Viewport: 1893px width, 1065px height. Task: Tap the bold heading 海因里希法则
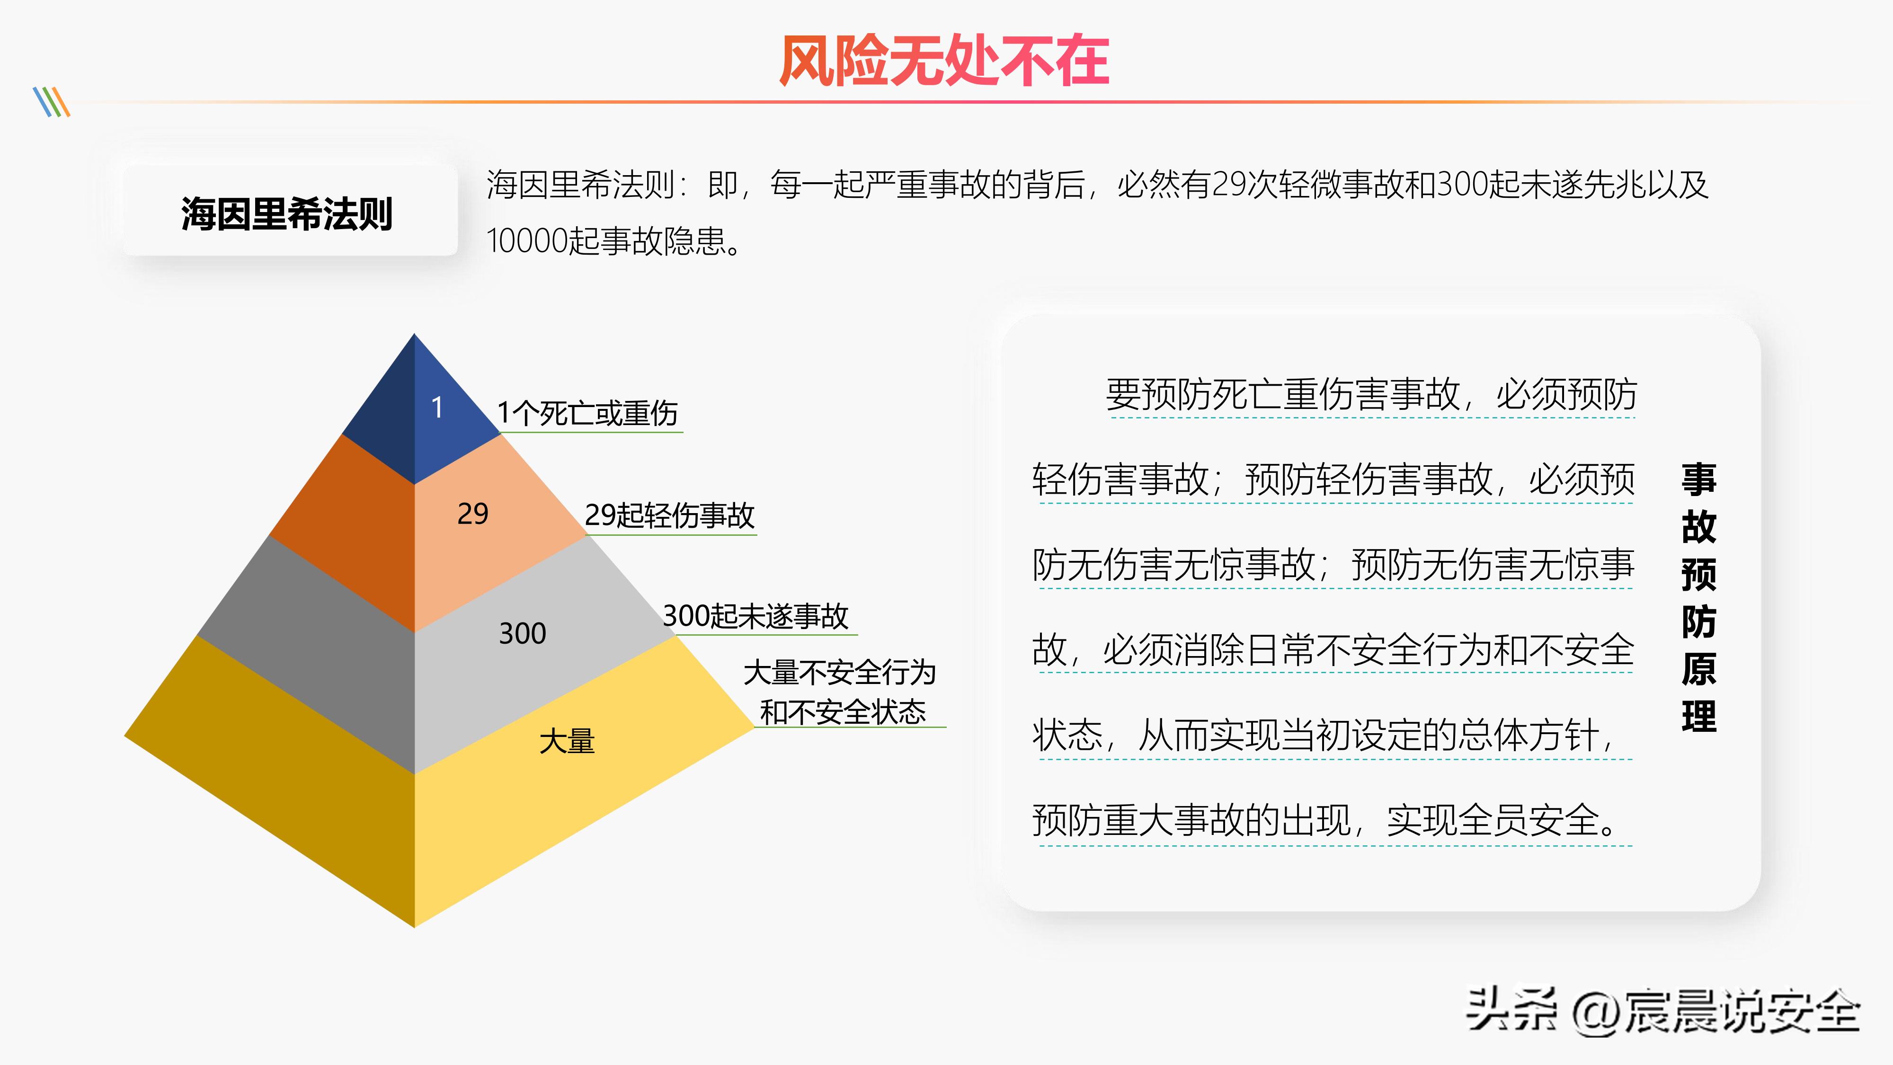pos(286,214)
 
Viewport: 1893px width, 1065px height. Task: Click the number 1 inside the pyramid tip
pos(437,407)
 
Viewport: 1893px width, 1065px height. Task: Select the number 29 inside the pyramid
pos(472,514)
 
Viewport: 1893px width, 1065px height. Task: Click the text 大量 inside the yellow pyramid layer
pos(567,741)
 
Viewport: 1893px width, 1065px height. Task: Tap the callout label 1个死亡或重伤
pos(587,413)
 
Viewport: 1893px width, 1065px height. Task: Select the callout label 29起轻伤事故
pos(669,515)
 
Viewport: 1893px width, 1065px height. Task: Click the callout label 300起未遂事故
pos(755,616)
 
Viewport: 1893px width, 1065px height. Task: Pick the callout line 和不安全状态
pos(843,711)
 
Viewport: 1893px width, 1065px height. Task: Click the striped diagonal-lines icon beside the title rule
pos(52,102)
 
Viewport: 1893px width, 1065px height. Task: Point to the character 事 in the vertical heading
pos(1698,479)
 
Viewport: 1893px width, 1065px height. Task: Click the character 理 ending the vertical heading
pos(1698,716)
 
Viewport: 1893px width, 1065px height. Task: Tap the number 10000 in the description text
pos(527,241)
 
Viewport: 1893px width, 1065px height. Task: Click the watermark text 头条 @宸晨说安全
pos(1662,1012)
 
